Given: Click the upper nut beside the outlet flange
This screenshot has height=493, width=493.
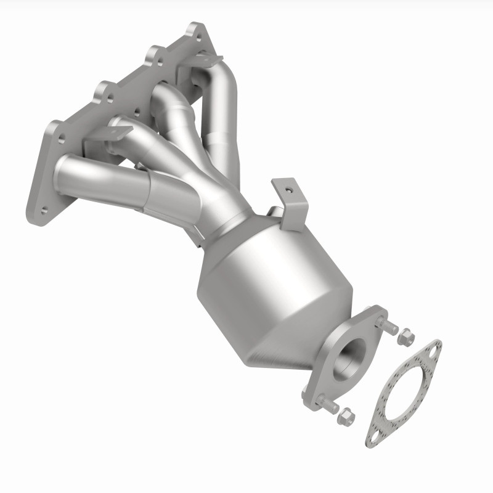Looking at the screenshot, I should [405, 336].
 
